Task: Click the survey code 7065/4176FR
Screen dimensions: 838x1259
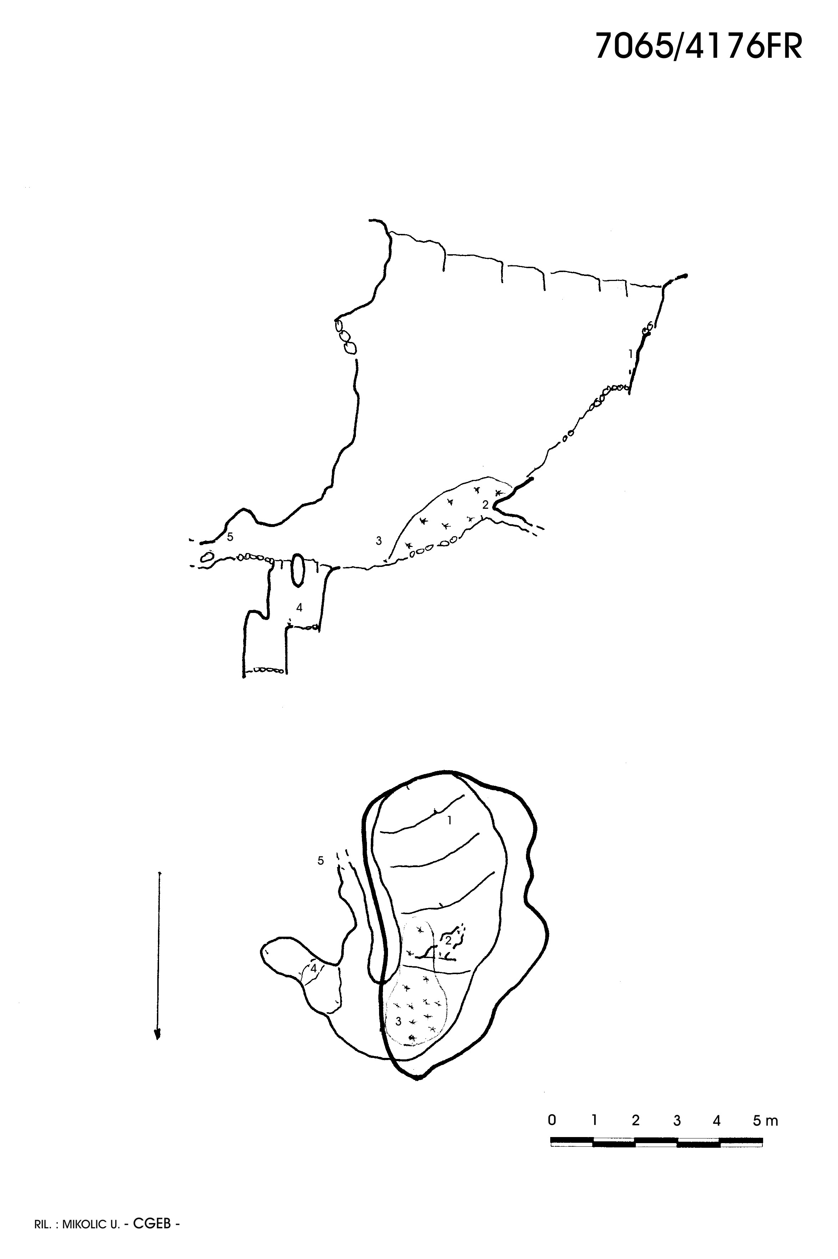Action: tap(699, 46)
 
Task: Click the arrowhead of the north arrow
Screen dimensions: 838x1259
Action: tap(158, 1035)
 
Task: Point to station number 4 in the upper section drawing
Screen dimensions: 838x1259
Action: tap(299, 608)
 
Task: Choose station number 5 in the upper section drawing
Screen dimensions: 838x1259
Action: tap(230, 537)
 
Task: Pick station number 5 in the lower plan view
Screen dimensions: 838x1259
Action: tap(321, 861)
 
